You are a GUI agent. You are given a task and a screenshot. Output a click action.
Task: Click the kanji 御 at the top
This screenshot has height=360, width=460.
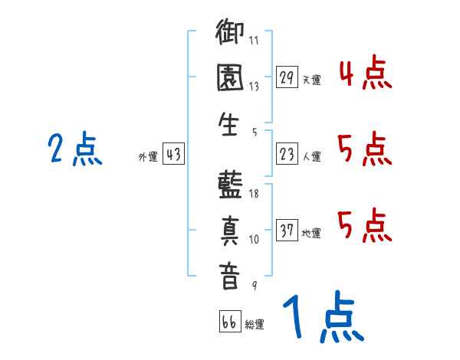(x=230, y=31)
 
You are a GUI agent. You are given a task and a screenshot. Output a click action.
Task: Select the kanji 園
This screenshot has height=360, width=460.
(x=230, y=77)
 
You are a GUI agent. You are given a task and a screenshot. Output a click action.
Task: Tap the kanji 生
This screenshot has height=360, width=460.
(x=228, y=124)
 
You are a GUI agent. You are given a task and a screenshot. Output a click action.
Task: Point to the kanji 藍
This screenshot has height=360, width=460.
(x=230, y=185)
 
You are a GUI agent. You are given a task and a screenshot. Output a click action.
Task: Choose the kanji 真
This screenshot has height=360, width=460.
(x=230, y=231)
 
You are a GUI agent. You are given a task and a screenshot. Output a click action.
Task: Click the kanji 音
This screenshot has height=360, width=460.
(x=229, y=277)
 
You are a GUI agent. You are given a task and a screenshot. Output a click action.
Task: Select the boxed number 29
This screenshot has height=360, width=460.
(x=287, y=77)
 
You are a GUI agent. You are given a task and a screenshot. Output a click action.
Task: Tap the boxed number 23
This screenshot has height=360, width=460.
(x=287, y=154)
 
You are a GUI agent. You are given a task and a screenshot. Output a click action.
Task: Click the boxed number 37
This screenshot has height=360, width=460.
(x=287, y=230)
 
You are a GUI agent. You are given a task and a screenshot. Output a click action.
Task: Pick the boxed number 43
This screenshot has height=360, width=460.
(x=173, y=154)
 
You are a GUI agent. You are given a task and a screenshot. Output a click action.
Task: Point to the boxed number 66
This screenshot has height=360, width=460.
(x=230, y=321)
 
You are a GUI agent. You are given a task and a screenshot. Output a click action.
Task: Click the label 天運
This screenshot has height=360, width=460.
(x=312, y=80)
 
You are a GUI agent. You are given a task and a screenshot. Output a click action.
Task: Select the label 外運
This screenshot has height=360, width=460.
(x=148, y=156)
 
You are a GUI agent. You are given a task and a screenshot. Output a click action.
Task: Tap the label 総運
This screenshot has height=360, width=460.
(x=255, y=324)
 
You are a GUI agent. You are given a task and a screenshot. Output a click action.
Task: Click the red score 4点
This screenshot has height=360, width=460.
(x=366, y=72)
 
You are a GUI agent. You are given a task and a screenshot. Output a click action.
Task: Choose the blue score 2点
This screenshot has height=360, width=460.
(x=75, y=149)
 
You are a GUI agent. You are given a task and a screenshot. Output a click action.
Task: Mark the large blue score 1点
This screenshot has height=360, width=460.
(x=324, y=316)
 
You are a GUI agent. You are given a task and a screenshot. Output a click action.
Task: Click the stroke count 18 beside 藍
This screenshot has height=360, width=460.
(x=254, y=194)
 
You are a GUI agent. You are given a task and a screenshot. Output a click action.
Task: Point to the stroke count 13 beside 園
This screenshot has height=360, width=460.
(x=254, y=87)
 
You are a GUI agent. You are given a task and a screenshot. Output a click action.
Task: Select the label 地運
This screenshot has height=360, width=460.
(x=311, y=233)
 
